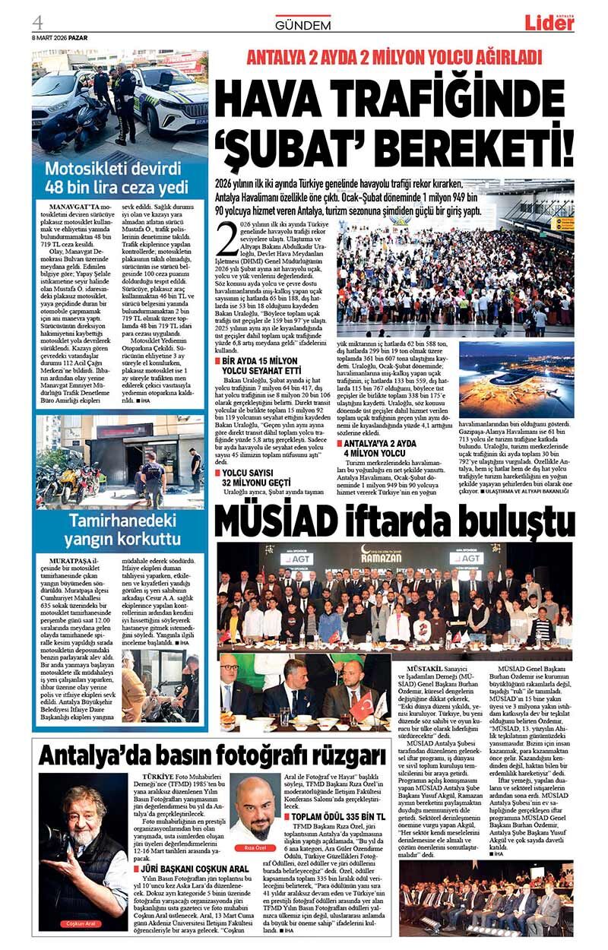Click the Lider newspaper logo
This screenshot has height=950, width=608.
point(549,22)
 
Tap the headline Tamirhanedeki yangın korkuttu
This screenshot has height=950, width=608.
point(119,530)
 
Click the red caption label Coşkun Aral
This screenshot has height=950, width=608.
point(81,923)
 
